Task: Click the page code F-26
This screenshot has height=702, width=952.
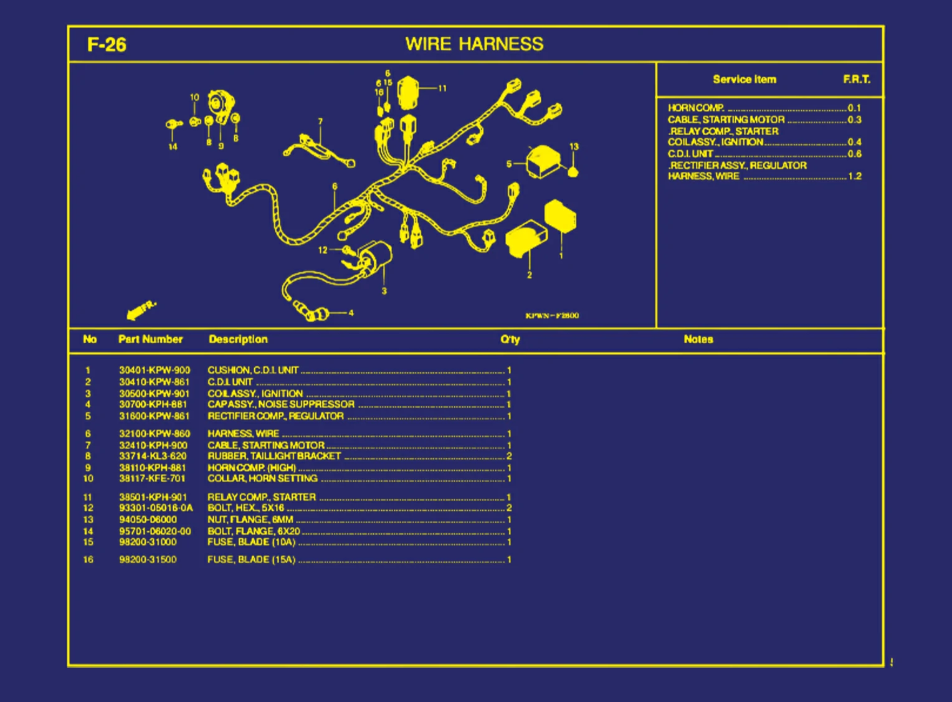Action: [x=107, y=45]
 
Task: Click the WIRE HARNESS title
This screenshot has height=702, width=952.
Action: [x=474, y=44]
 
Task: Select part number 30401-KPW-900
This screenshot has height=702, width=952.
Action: [x=155, y=370]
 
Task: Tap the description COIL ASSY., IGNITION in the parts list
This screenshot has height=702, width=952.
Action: [x=255, y=394]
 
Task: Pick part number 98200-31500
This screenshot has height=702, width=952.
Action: [x=148, y=559]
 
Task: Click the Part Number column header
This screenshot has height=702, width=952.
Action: [x=150, y=339]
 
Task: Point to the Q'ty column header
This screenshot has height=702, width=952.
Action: [x=510, y=339]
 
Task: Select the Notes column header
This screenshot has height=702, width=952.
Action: [x=698, y=339]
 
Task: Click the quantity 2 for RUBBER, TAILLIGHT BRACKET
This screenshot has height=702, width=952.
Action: [x=509, y=456]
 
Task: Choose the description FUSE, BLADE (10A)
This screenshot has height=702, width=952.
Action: [x=251, y=542]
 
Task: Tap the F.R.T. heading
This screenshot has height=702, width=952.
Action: [x=857, y=79]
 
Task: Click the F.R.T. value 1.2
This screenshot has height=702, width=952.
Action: [x=855, y=176]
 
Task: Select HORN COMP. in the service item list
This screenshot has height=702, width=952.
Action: [x=695, y=108]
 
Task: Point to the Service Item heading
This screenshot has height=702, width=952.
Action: [x=745, y=79]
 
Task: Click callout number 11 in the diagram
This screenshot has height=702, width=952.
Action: [x=442, y=88]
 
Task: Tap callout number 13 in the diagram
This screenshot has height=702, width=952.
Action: [x=574, y=147]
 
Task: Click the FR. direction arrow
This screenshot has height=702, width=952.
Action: [x=141, y=310]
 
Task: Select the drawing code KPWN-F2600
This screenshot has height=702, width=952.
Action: [x=552, y=316]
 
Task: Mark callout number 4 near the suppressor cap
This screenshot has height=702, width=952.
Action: [x=351, y=313]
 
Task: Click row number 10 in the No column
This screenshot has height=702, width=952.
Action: [x=88, y=478]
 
